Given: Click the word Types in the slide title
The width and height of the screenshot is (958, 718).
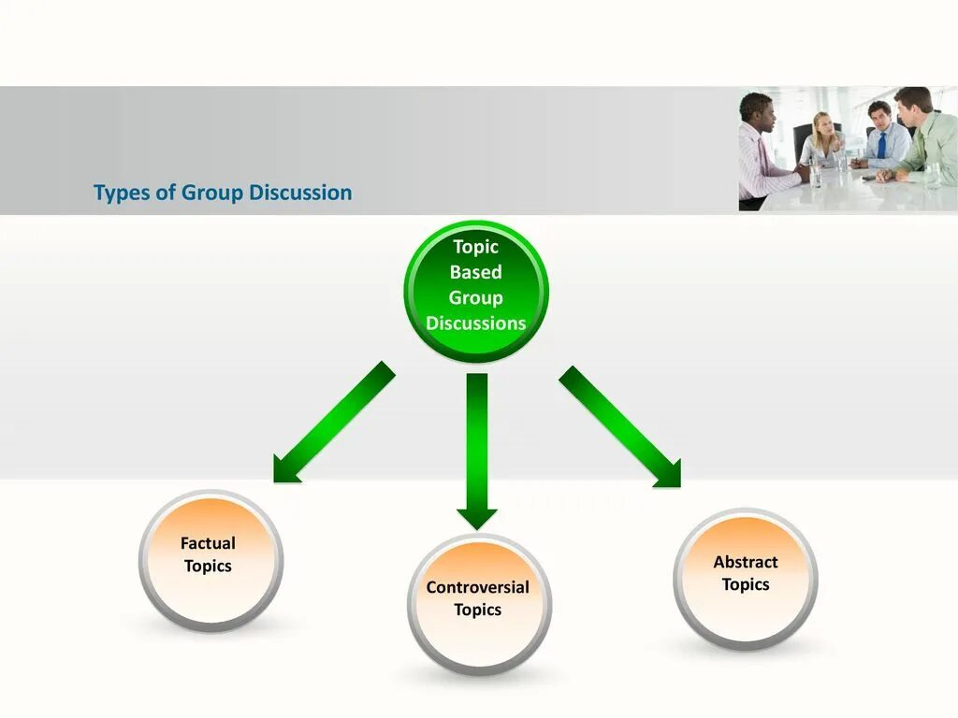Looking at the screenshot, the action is [115, 194].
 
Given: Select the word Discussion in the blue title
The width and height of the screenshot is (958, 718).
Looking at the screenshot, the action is [300, 194].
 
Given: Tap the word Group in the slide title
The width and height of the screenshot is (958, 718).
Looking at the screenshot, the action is [211, 194].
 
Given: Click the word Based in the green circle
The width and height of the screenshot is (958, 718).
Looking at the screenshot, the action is [475, 272].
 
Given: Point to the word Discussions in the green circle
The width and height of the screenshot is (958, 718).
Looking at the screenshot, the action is [475, 323].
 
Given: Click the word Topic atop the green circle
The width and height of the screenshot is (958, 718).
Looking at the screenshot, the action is [475, 247].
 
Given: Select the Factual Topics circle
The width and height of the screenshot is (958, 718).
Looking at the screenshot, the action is [210, 561].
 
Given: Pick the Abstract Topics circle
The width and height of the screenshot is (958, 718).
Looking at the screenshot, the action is [745, 580].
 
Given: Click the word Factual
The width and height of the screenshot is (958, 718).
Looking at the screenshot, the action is [208, 543].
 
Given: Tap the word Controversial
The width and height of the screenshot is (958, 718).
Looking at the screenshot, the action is [477, 587].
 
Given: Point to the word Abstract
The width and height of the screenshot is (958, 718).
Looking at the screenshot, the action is [745, 562].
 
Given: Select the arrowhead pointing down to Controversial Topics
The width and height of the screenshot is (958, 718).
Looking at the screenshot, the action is [477, 516].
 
